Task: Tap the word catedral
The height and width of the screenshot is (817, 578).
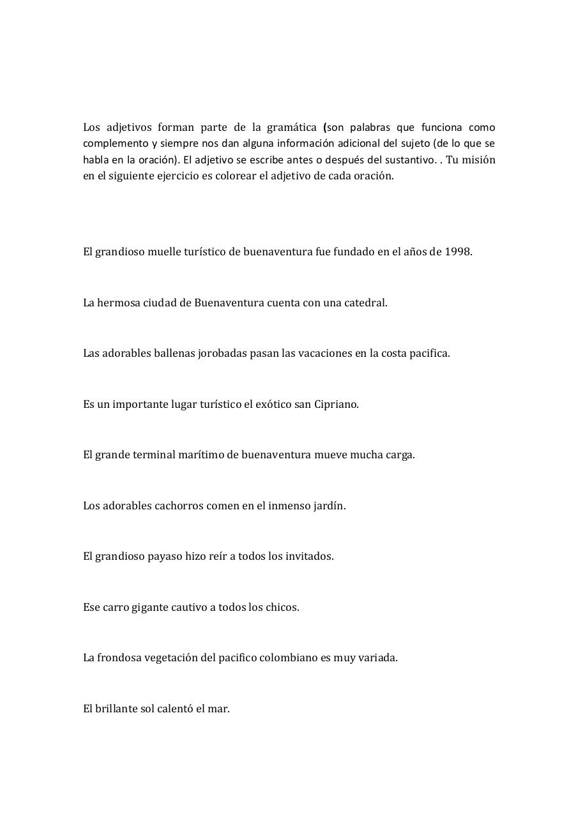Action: click(x=366, y=303)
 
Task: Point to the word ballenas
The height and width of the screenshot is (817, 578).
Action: click(x=174, y=353)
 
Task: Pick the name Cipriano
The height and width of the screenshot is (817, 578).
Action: click(x=336, y=404)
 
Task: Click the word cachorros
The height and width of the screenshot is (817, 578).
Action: click(x=179, y=506)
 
